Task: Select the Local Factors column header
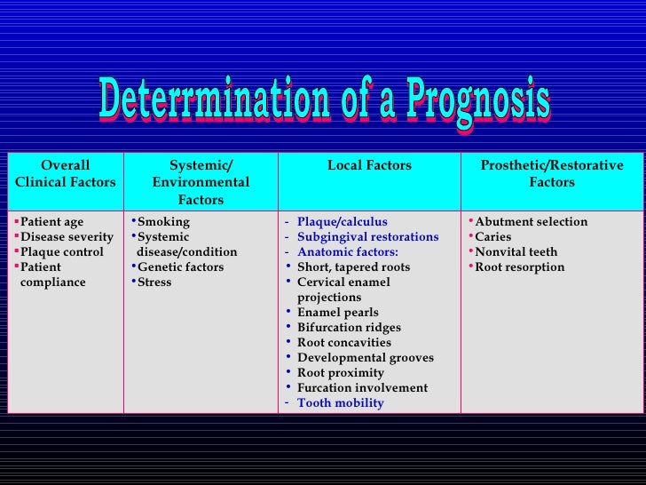(x=369, y=166)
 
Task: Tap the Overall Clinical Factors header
(x=66, y=174)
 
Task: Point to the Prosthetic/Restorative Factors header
(x=551, y=174)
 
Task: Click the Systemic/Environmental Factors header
(x=201, y=182)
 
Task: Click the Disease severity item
(x=67, y=237)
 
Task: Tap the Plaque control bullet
(x=61, y=252)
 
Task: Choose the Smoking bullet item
(x=163, y=222)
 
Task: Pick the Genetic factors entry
(x=180, y=267)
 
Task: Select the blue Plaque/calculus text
(x=342, y=222)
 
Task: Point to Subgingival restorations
(x=367, y=237)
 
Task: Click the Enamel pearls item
(x=337, y=313)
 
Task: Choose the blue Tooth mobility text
(x=340, y=403)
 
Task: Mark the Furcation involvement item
(x=362, y=388)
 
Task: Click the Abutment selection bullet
(x=531, y=222)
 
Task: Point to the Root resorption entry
(x=519, y=267)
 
